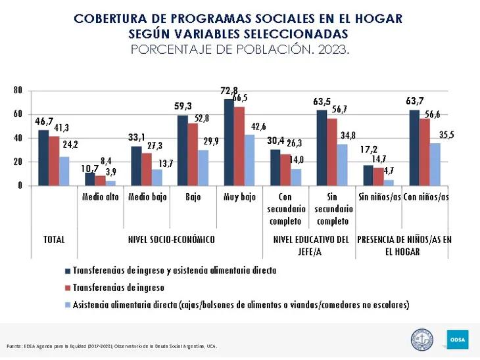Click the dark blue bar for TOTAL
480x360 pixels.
tap(43, 158)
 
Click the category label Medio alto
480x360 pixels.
tap(100, 197)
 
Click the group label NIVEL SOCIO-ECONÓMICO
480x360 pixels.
tap(171, 240)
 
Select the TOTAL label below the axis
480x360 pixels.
tap(54, 240)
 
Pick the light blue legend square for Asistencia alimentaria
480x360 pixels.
tap(67, 304)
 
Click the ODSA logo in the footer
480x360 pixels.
tap(458, 340)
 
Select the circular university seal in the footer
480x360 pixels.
tap(422, 340)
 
